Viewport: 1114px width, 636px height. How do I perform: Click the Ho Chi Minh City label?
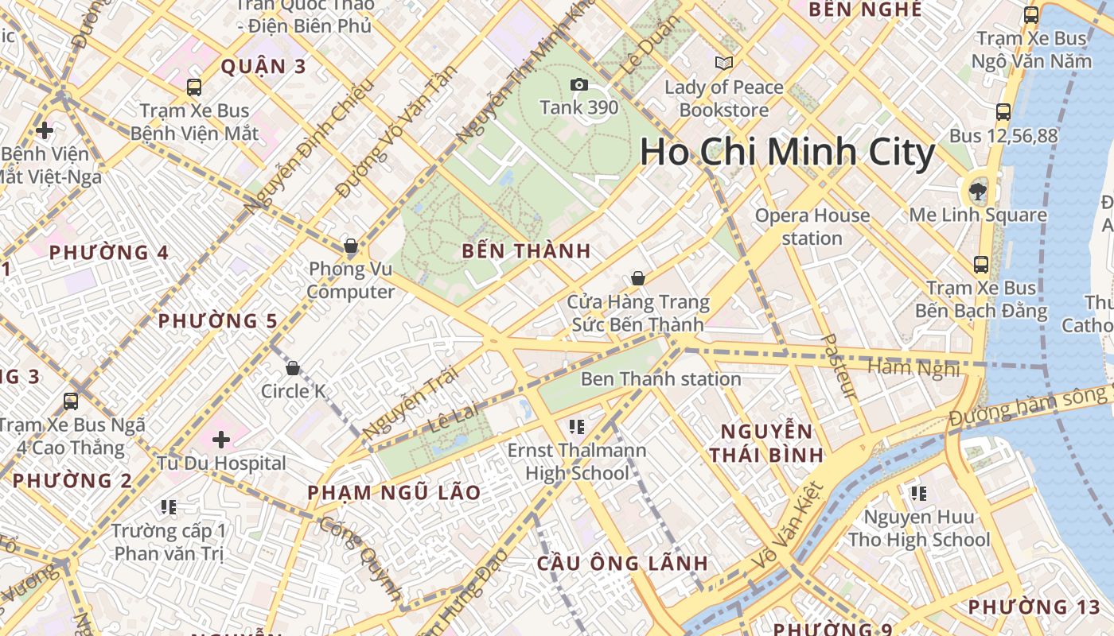787,152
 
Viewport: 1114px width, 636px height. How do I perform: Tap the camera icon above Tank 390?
578,84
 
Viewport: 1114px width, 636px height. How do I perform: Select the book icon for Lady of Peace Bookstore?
723,63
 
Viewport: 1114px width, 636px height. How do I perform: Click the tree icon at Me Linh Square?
978,189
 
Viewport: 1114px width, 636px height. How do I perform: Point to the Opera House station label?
812,227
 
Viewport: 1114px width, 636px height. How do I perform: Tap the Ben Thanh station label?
660,378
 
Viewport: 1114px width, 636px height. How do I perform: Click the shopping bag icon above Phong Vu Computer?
350,246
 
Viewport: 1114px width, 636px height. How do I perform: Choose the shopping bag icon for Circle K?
293,368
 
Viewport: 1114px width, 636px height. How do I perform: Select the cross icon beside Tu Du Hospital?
221,439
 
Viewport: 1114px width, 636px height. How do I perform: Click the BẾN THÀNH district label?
527,251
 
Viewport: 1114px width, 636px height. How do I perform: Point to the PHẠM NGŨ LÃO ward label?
395,493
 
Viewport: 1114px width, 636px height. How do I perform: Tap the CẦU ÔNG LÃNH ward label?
622,564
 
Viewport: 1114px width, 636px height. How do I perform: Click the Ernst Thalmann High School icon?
577,428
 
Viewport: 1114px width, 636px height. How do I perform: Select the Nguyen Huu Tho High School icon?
919,494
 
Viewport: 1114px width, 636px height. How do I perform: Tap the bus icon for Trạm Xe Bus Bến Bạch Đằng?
980,265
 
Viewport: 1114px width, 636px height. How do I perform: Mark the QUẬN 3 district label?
263,67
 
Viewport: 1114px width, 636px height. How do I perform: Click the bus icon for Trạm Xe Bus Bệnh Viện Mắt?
193,87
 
